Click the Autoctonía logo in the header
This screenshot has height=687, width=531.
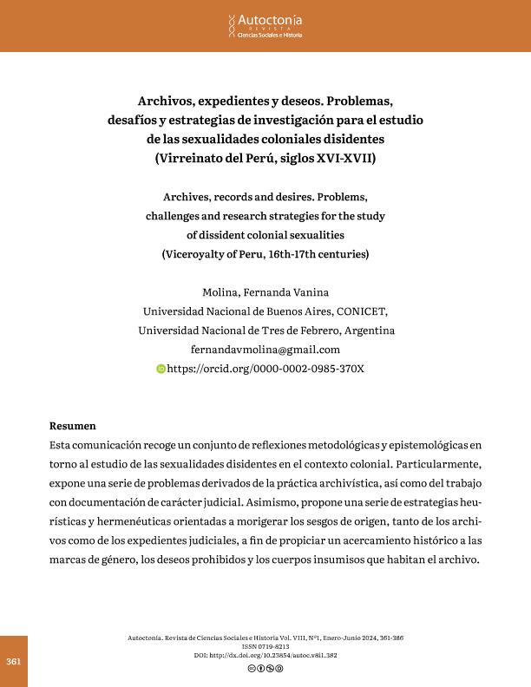(265, 25)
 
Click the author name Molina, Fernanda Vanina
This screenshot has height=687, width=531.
(265, 291)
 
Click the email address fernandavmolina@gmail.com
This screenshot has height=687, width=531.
(265, 349)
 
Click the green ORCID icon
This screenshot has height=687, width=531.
(160, 369)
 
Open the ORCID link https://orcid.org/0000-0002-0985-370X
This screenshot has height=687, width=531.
(265, 368)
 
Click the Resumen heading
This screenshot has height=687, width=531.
(74, 426)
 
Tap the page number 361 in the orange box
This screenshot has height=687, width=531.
(13, 661)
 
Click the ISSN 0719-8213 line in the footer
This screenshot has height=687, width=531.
(265, 647)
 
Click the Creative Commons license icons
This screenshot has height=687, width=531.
(265, 668)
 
